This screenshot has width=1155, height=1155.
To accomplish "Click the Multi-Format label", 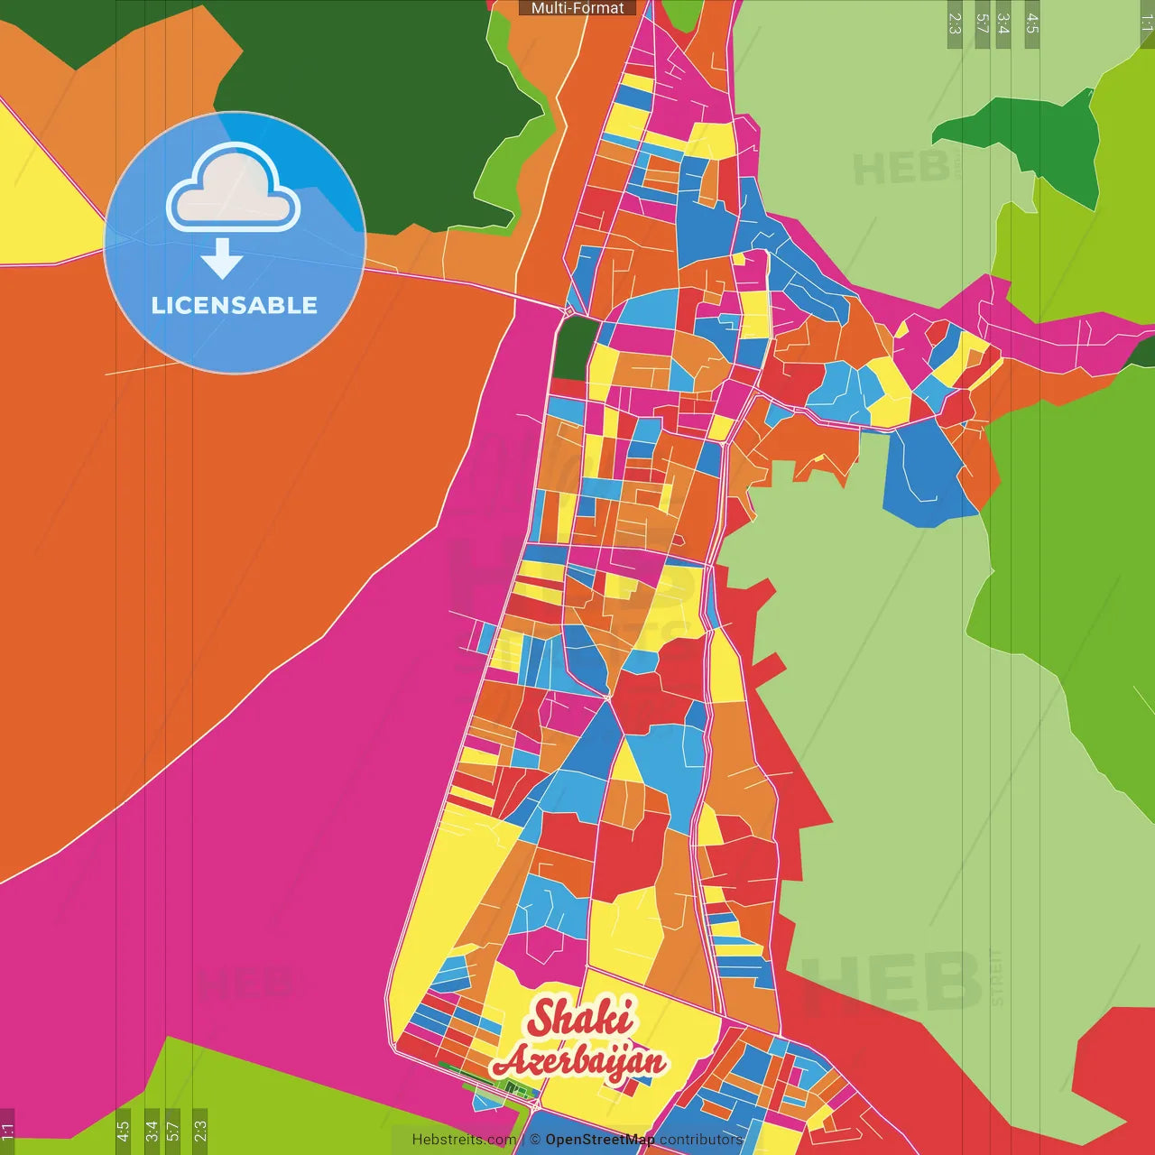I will click(577, 8).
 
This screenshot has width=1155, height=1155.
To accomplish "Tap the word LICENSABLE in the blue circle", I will click(235, 305).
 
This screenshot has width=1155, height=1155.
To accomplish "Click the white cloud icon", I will click(233, 187).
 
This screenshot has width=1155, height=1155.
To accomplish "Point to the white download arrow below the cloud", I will click(222, 259).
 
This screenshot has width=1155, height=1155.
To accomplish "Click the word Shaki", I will click(580, 1018).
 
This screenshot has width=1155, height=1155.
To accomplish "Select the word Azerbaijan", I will click(580, 1062).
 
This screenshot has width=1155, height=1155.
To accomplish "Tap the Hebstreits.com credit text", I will click(464, 1140).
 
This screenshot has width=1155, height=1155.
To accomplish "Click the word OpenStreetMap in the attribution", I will click(599, 1140).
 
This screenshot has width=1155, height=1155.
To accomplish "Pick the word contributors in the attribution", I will click(701, 1140).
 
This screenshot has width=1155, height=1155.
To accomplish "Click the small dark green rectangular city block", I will click(574, 347).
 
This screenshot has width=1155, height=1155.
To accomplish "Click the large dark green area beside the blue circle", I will click(379, 99).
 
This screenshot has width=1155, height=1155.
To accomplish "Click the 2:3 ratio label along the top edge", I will click(955, 23).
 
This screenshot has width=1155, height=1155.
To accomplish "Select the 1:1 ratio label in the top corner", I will click(1146, 23).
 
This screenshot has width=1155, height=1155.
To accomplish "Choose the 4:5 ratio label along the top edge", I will click(1032, 23).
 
